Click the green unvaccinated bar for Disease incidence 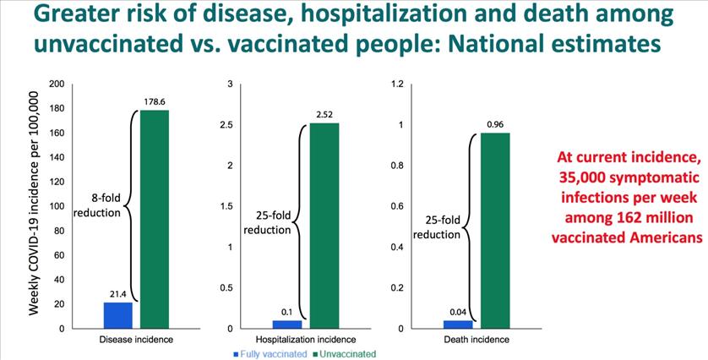coord(155,220)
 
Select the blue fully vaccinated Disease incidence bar coord(117,316)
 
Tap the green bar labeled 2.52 coord(324,226)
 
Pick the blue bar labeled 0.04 coord(458,325)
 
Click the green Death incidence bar coord(495,231)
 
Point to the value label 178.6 coord(155,102)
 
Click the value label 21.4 coord(117,295)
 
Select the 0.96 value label coord(495,125)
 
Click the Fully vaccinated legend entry coord(270,354)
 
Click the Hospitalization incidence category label coord(306,340)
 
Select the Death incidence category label coord(477,340)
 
